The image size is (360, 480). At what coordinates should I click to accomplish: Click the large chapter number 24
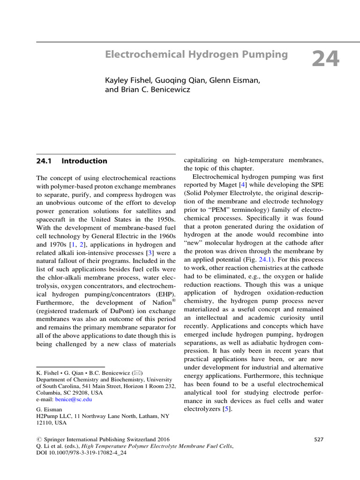325,60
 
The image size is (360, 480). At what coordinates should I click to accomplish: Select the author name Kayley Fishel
125,81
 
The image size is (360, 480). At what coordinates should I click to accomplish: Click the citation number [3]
150,253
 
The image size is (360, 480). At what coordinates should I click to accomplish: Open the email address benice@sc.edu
74,399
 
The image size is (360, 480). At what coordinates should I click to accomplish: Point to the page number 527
318,439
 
